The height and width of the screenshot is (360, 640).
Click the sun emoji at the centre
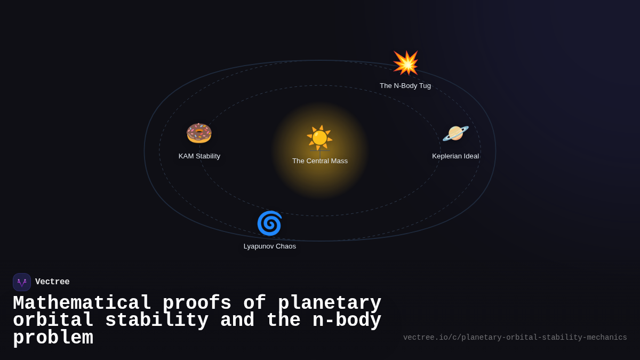coord(319,138)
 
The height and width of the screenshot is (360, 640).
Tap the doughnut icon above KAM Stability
coord(199,133)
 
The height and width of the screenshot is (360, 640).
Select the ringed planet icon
coord(455,133)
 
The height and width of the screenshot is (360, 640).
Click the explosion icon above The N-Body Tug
coord(405,63)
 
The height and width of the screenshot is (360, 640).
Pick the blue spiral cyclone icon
coord(269,223)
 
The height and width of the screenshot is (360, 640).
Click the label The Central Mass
coord(320,161)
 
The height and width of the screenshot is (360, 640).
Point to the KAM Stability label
coord(199,156)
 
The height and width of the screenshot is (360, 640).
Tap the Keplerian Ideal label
coord(455,156)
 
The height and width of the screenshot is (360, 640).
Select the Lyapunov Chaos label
coord(270,246)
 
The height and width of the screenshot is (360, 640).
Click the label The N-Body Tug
coord(405,86)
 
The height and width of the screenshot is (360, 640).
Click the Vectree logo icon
coord(22,282)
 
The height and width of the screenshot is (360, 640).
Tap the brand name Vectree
coord(52,282)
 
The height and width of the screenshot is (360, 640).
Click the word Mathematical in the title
coord(82,303)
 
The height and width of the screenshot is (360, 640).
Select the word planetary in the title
coord(330,303)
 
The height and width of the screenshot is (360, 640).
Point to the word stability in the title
coord(157,321)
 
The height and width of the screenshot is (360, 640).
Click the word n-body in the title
coord(347,321)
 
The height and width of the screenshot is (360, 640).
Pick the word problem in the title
coord(53,338)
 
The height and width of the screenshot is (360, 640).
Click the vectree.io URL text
coord(515,338)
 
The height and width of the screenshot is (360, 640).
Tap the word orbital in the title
coord(53,321)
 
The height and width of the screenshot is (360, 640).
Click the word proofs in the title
coord(197,303)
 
